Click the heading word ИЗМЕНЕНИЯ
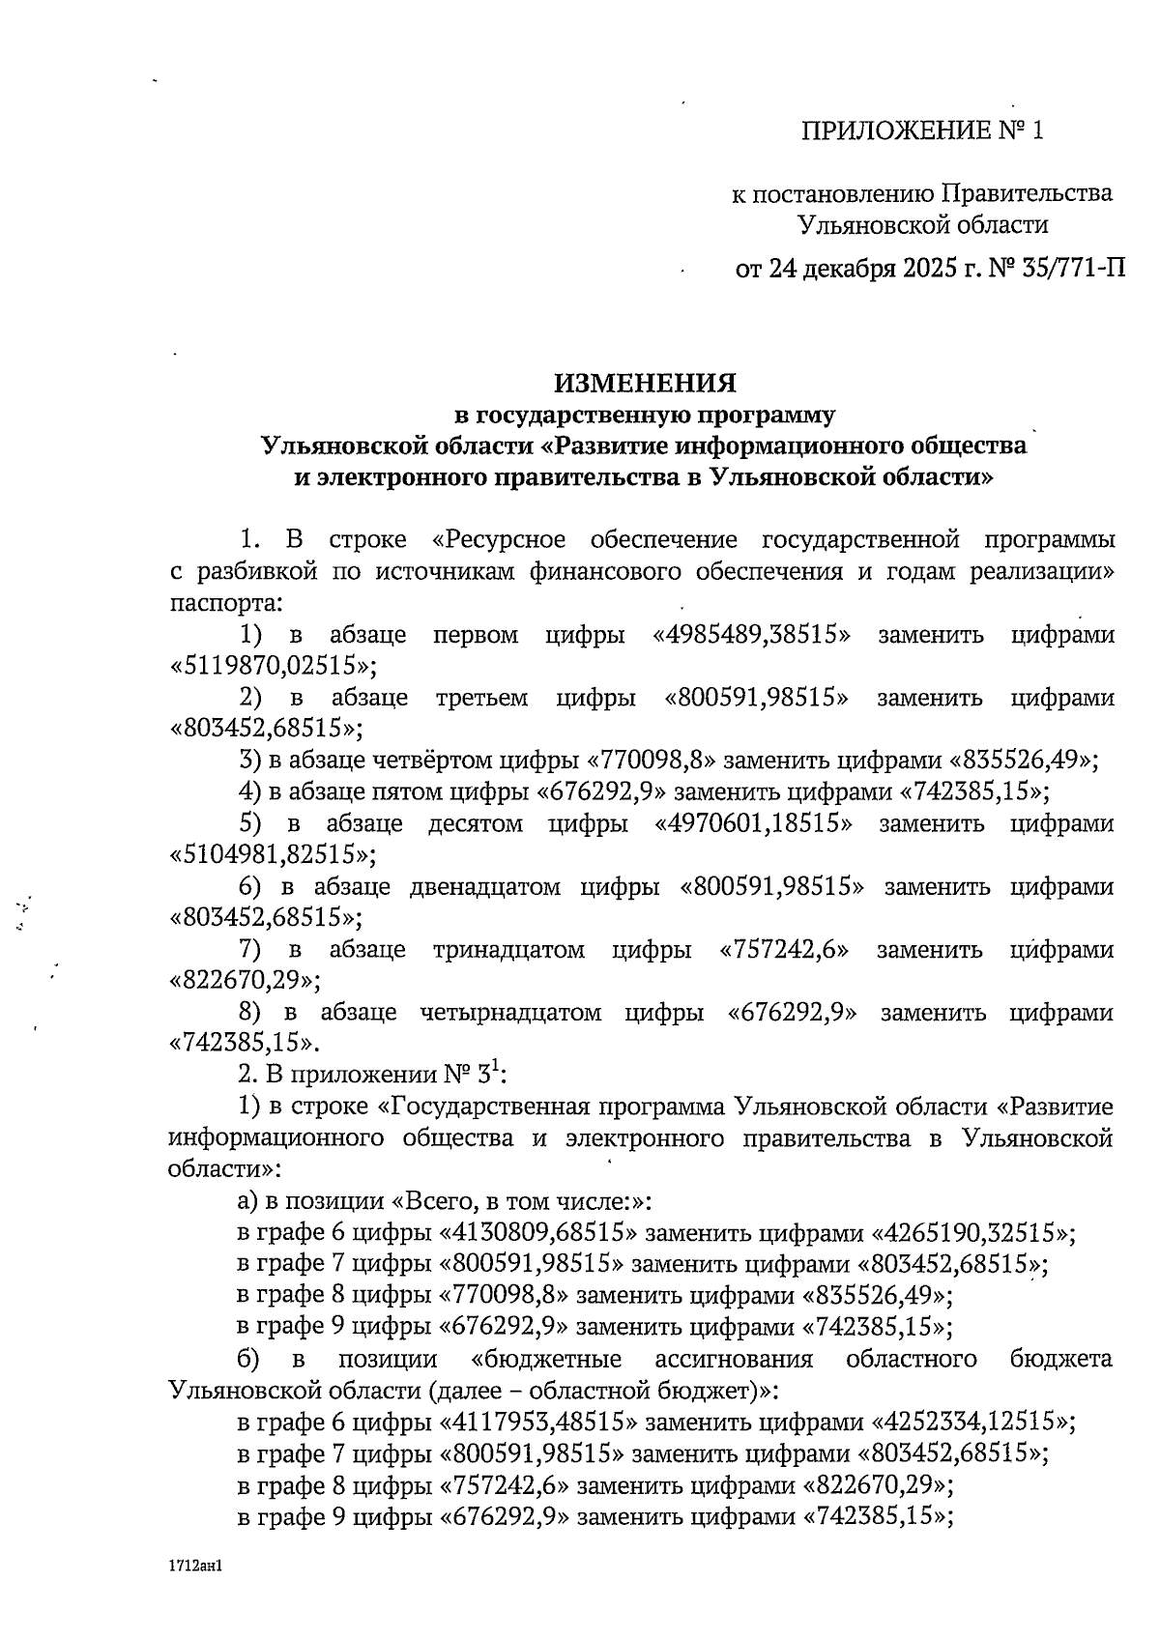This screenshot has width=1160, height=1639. click(645, 384)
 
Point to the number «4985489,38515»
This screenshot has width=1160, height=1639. click(752, 635)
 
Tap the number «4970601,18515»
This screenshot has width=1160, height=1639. click(754, 823)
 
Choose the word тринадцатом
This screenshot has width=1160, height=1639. click(509, 949)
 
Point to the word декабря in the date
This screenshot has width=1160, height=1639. click(853, 268)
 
